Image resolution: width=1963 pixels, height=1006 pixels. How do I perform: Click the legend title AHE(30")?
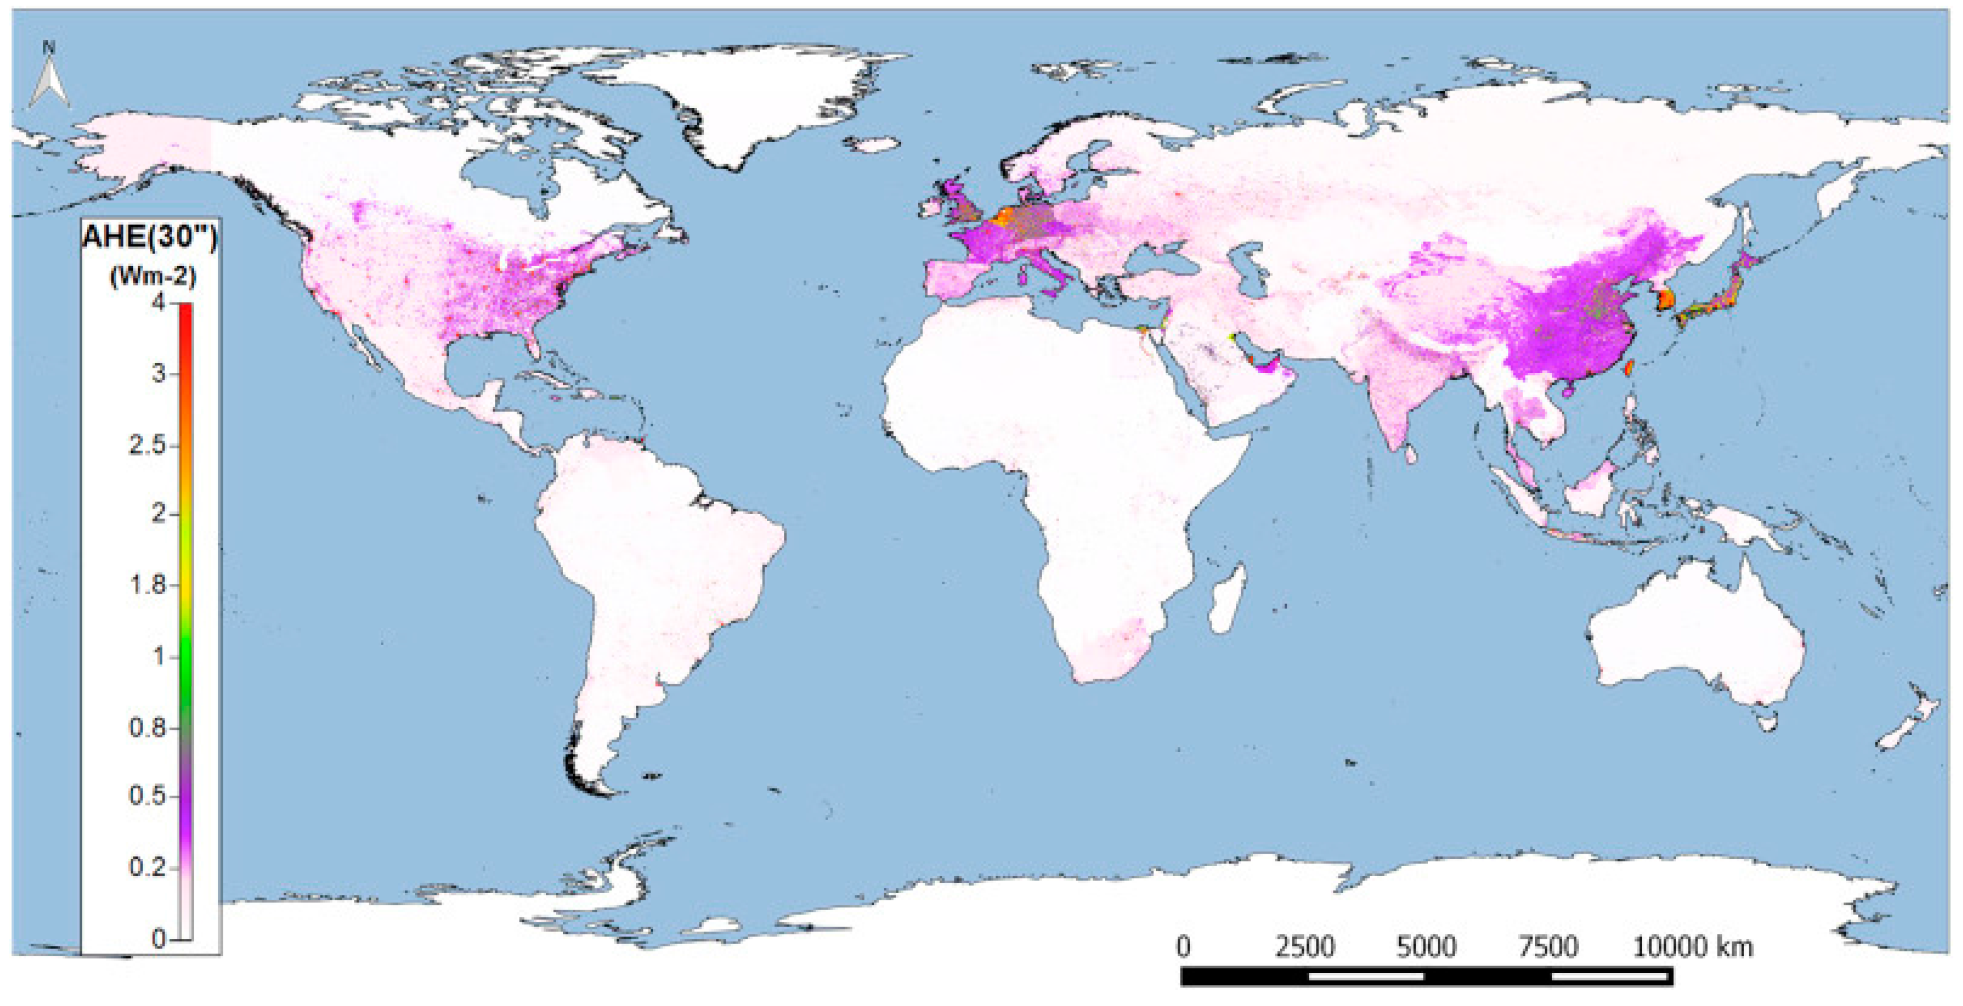149,238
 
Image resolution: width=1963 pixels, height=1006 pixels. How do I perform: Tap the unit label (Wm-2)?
153,276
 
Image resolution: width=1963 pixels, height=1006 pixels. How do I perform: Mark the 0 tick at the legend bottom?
159,939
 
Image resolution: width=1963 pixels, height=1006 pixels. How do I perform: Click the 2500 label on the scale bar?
1305,947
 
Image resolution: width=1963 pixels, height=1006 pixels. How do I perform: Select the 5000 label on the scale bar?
1426,947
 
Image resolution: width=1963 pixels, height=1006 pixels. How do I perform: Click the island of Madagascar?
1228,598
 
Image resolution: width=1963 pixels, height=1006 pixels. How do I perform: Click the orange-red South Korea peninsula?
1666,300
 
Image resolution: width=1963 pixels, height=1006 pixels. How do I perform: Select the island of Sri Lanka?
1411,455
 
